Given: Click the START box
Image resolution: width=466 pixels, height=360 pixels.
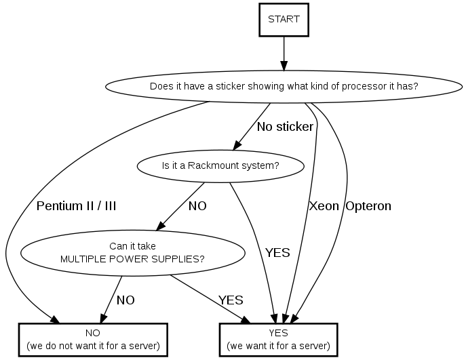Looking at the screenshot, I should [x=284, y=19].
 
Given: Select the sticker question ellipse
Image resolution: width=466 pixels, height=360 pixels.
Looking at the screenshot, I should [x=283, y=87].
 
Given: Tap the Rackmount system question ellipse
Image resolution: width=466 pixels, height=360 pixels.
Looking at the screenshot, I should [x=220, y=165].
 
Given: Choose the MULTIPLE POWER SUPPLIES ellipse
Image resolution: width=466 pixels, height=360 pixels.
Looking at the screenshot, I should [x=133, y=252].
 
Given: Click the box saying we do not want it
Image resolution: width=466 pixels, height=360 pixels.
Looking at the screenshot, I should [x=93, y=339].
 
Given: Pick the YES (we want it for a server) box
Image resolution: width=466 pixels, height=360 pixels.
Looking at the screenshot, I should [x=278, y=339].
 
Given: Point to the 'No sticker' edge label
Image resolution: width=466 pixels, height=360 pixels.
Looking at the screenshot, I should [x=285, y=127].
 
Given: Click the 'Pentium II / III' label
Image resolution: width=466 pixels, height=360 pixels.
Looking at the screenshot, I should [x=76, y=206].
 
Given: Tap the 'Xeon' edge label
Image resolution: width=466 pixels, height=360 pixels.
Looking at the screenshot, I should [x=324, y=206].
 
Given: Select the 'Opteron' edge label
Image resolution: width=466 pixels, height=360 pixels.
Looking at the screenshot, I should [x=368, y=206].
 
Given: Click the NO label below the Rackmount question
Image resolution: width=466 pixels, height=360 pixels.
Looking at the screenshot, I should [x=197, y=206].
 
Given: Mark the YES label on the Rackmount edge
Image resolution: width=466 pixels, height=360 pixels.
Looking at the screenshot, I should [x=277, y=253].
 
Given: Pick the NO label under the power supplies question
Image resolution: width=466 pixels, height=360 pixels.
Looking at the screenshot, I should [x=125, y=300].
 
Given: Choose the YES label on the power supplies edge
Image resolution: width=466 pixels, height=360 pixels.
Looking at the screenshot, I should [x=231, y=300].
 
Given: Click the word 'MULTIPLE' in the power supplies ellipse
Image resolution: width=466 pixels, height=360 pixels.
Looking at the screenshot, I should [x=83, y=258].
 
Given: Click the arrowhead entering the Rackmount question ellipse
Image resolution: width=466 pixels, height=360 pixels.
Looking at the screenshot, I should [x=238, y=144].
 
